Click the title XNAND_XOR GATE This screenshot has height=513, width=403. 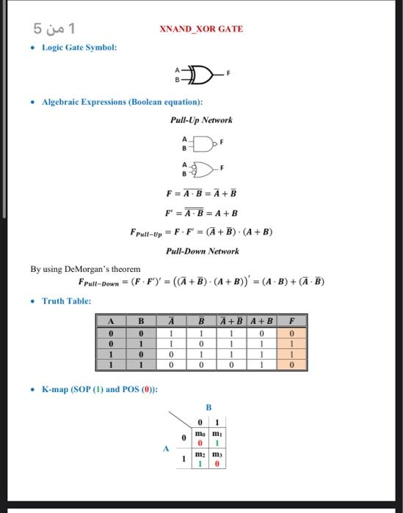(x=200, y=29)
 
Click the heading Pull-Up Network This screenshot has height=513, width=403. (x=201, y=119)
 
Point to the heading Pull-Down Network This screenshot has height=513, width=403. (x=202, y=251)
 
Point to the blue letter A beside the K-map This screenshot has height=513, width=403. (x=166, y=448)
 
